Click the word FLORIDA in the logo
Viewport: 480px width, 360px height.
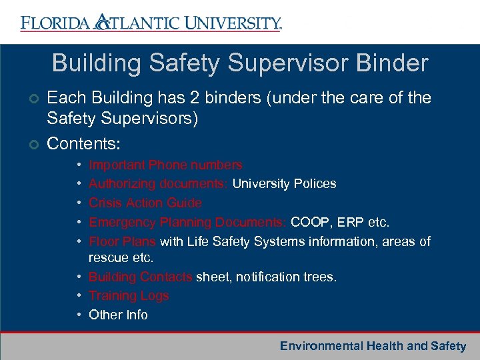[x=55, y=24]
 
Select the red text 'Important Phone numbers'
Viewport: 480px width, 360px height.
[x=165, y=165]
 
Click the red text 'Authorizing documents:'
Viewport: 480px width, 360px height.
[x=159, y=183]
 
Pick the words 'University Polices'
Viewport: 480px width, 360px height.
[x=284, y=183]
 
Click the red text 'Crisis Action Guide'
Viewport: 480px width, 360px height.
[x=145, y=203]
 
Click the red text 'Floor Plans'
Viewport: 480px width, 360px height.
[x=122, y=241]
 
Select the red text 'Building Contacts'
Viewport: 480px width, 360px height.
[x=140, y=276]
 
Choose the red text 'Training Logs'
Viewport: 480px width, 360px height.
[x=129, y=295]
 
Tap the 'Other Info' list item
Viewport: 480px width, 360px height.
[x=118, y=315]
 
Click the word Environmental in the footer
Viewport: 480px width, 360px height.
[x=321, y=345]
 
